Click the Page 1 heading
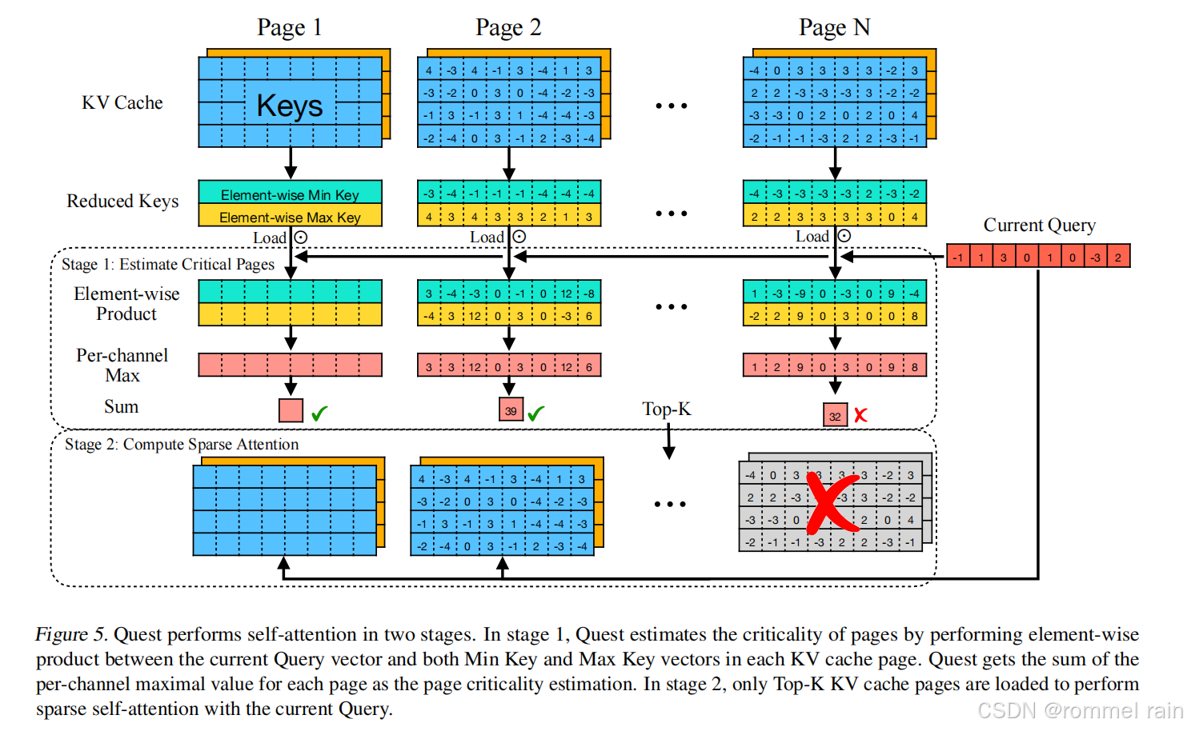289,28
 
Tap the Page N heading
834,28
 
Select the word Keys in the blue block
290,106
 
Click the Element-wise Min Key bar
290,194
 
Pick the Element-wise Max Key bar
290,217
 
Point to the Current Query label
1039,226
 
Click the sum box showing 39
511,410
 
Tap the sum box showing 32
835,416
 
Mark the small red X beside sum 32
860,415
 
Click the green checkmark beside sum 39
535,413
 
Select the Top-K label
666,409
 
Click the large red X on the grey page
832,504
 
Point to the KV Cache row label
122,103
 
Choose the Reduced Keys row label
122,202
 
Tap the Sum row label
121,407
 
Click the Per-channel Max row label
122,365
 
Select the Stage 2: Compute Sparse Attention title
182,445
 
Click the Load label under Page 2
487,238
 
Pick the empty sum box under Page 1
291,410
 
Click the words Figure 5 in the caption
70,635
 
